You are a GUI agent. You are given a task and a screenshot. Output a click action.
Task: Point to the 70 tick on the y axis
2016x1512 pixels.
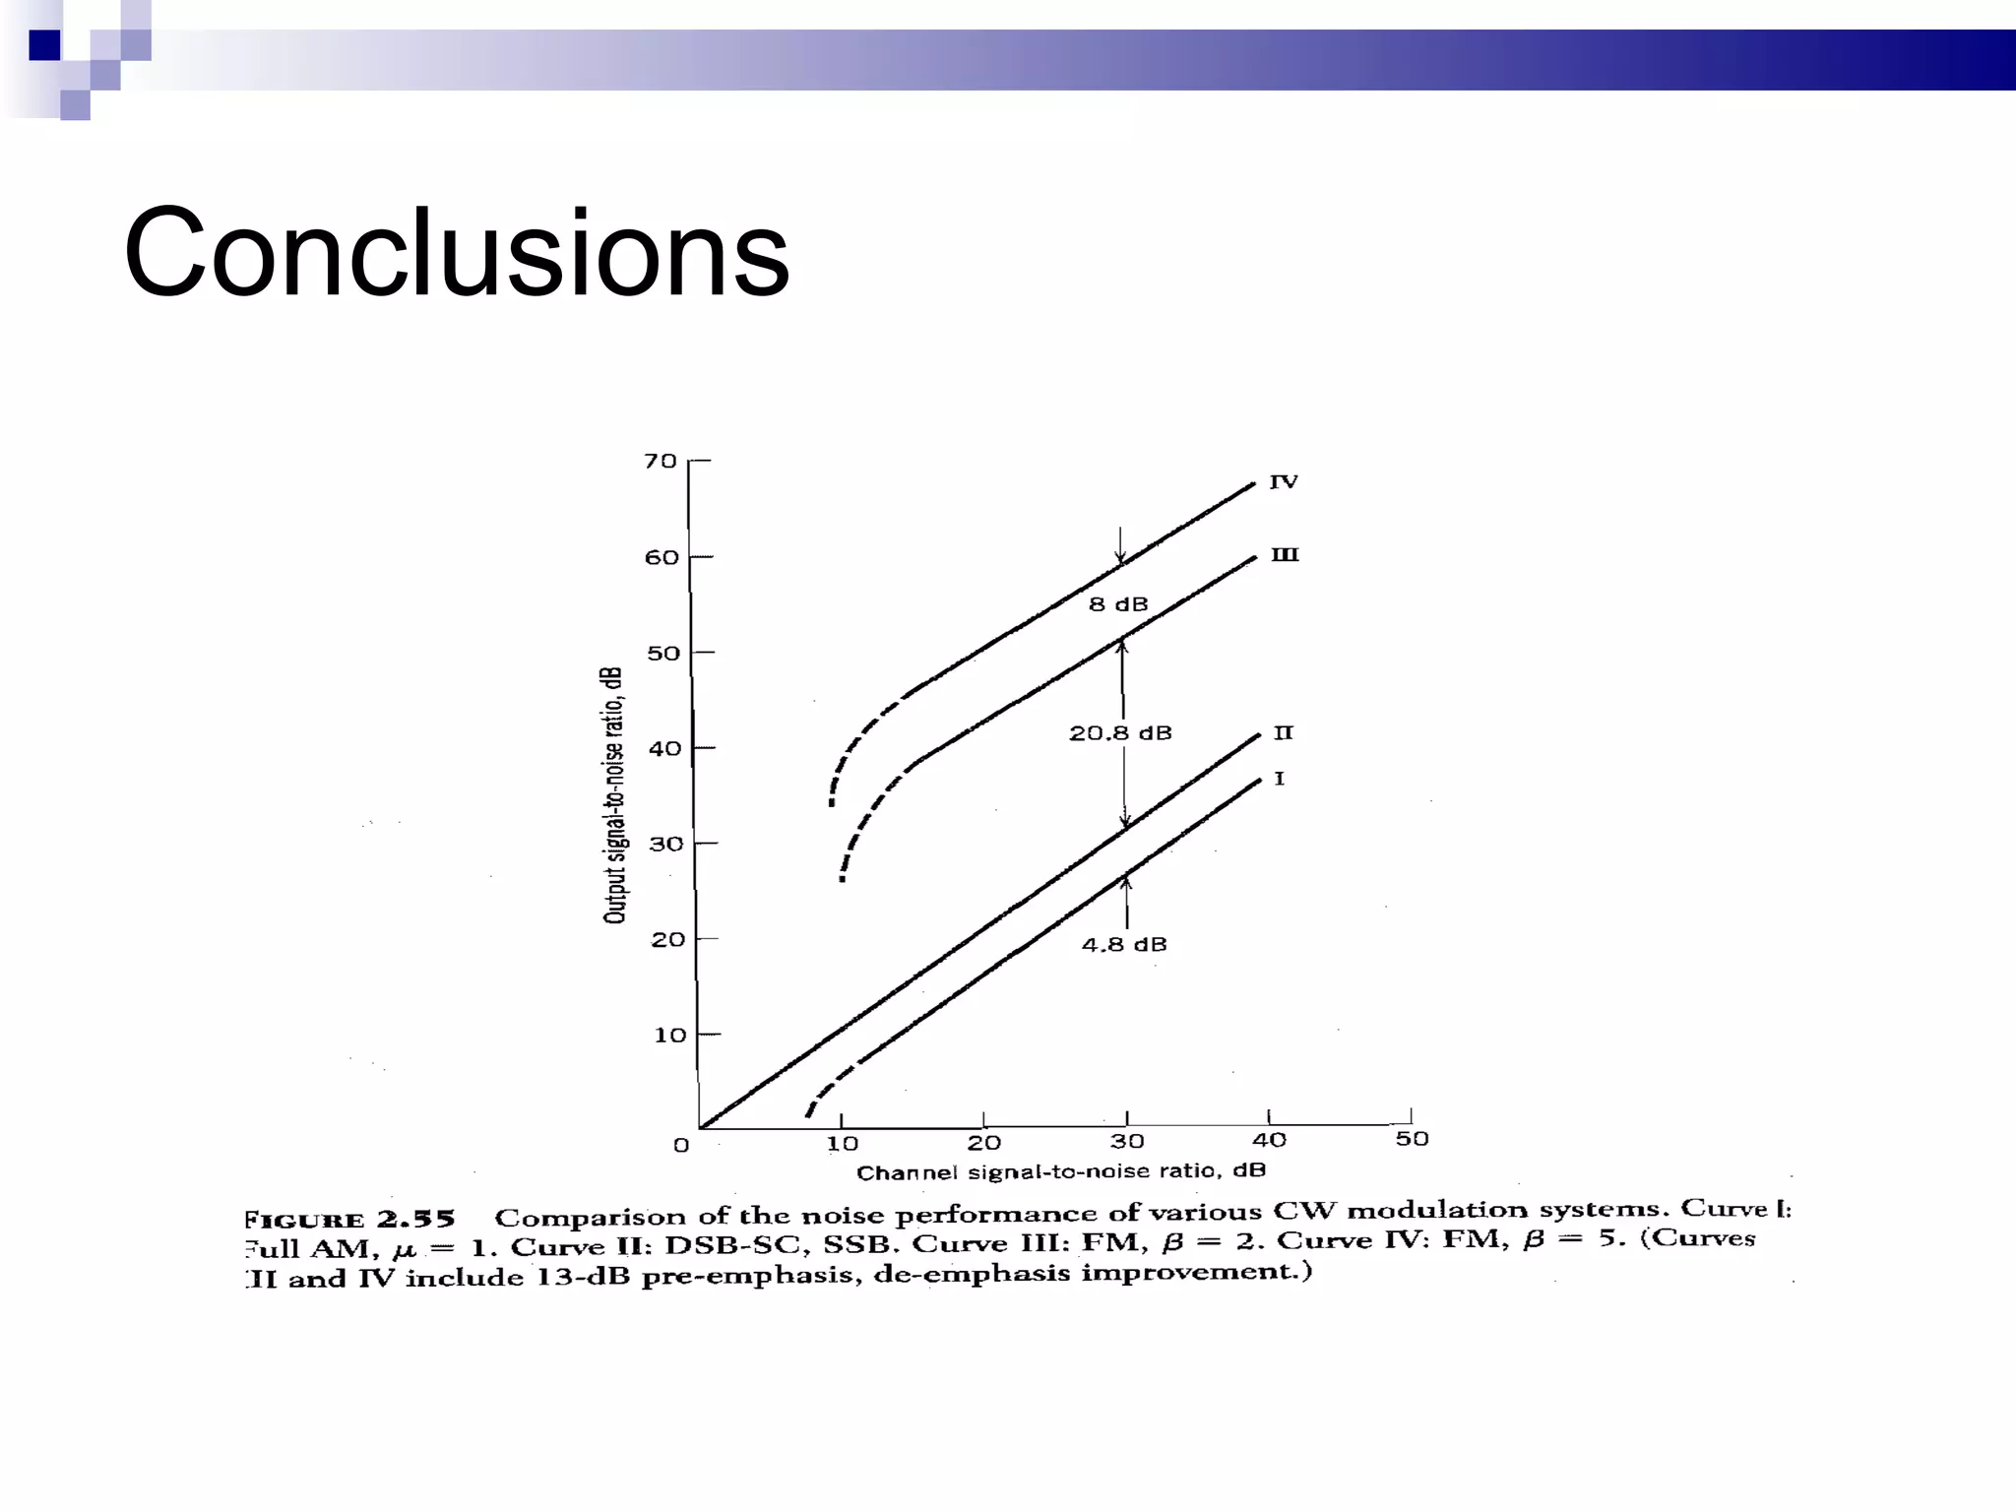pyautogui.click(x=661, y=461)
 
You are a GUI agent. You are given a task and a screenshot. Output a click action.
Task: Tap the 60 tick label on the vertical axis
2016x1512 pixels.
pyautogui.click(x=661, y=557)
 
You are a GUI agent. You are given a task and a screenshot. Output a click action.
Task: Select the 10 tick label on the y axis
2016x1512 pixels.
pyautogui.click(x=670, y=1035)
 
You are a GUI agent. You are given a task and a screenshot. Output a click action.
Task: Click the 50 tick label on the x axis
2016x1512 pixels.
pyautogui.click(x=1412, y=1139)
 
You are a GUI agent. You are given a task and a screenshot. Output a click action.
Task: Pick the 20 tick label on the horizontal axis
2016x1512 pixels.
pyautogui.click(x=983, y=1143)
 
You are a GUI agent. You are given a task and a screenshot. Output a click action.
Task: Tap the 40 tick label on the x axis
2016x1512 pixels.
pyautogui.click(x=1269, y=1140)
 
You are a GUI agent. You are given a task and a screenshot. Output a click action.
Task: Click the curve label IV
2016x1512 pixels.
pyautogui.click(x=1284, y=481)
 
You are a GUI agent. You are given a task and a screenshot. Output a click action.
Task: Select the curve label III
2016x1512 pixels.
pyautogui.click(x=1285, y=555)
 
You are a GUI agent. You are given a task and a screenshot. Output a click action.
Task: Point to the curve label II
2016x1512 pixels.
pyautogui.click(x=1283, y=732)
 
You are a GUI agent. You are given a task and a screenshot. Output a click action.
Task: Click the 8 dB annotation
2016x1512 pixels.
pyautogui.click(x=1118, y=604)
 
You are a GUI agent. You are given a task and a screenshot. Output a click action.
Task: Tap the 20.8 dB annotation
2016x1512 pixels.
pyautogui.click(x=1120, y=733)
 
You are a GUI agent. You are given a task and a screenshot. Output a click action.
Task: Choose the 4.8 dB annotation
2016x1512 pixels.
pyautogui.click(x=1124, y=945)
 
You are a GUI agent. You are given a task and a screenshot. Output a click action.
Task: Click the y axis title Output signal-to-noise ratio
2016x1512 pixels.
pyautogui.click(x=614, y=795)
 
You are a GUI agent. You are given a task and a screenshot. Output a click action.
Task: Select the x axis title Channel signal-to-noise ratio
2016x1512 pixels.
pyautogui.click(x=1060, y=1171)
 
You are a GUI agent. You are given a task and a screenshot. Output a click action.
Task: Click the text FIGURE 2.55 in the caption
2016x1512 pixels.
pyautogui.click(x=349, y=1220)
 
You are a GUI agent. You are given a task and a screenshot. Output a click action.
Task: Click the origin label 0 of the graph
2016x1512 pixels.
pyautogui.click(x=681, y=1145)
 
